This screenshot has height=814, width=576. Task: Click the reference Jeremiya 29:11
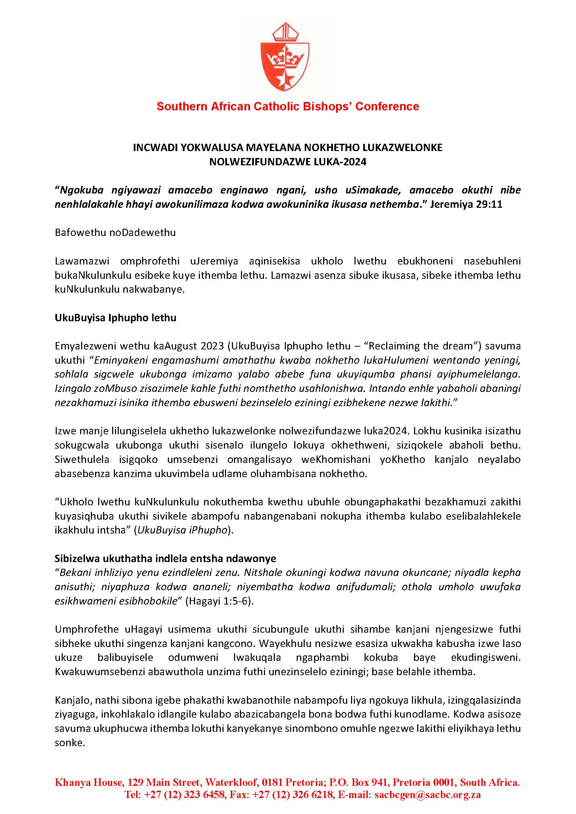pos(466,205)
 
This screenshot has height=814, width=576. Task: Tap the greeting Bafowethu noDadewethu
pos(115,233)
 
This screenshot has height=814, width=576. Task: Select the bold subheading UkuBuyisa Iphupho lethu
pos(115,318)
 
